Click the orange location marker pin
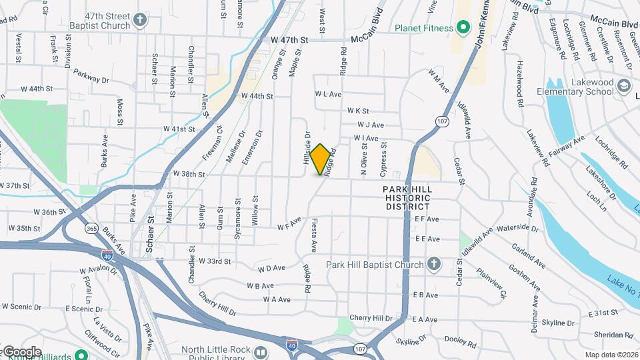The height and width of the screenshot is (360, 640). [x=321, y=159]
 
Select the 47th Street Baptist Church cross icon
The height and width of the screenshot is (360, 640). [x=139, y=19]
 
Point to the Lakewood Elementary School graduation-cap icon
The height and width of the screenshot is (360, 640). [x=623, y=86]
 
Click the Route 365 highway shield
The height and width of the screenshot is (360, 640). [x=91, y=229]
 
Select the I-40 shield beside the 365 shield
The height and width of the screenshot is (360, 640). [x=107, y=255]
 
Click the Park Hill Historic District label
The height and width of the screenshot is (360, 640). [x=408, y=198]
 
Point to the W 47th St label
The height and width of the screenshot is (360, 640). [x=290, y=40]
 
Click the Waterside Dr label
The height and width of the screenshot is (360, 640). [x=517, y=227]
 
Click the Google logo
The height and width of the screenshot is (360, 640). [x=21, y=351]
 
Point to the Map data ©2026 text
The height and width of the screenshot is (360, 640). [x=611, y=355]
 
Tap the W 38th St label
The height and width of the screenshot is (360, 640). [x=189, y=173]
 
